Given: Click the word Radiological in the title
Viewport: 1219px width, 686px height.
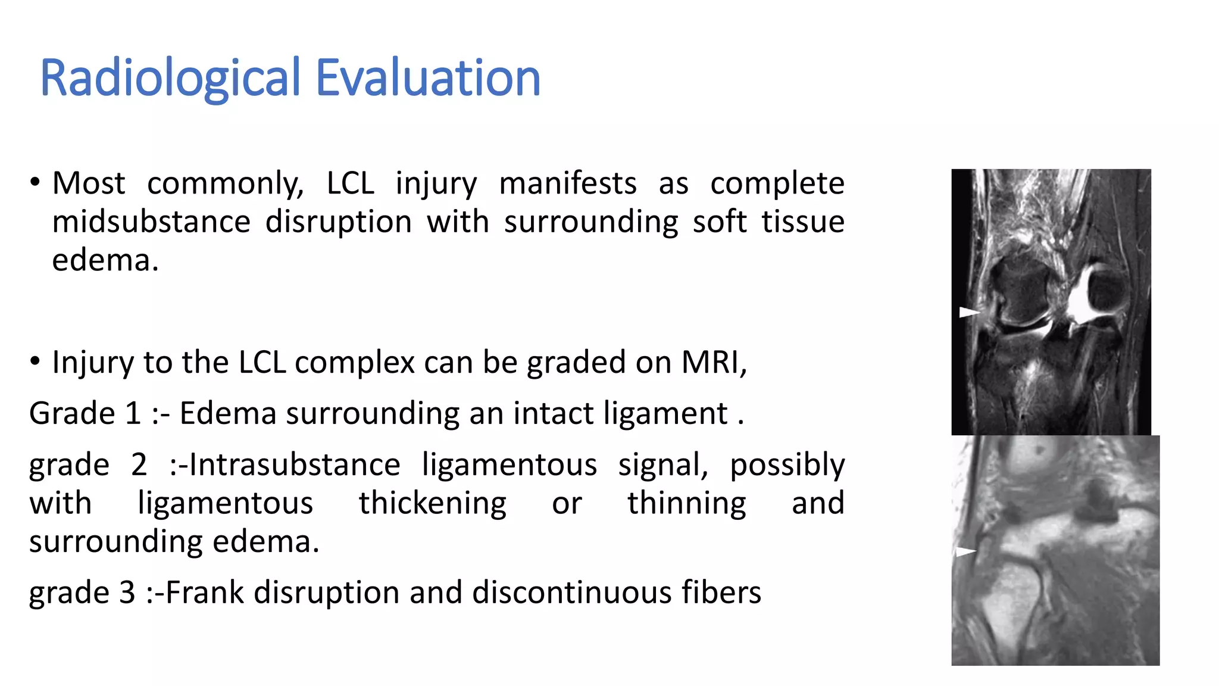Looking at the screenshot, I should pyautogui.click(x=171, y=79).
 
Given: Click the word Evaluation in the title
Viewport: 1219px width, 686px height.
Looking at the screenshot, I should pyautogui.click(x=427, y=79).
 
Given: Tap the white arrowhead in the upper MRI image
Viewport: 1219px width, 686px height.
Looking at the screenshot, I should pyautogui.click(x=968, y=312).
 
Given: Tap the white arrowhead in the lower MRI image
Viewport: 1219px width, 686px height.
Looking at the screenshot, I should pyautogui.click(x=965, y=552).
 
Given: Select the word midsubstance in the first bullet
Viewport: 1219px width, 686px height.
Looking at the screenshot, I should pyautogui.click(x=151, y=222).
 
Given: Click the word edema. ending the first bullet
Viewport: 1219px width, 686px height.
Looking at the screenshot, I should pyautogui.click(x=105, y=261).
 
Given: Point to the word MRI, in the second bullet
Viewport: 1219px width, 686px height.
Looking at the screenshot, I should pyautogui.click(x=714, y=362).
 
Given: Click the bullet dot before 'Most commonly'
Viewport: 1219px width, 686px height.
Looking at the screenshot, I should pyautogui.click(x=35, y=182).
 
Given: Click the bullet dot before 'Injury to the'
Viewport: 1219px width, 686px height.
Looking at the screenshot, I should pyautogui.click(x=35, y=361).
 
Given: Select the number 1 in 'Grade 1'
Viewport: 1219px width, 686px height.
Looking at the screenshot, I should pyautogui.click(x=133, y=413).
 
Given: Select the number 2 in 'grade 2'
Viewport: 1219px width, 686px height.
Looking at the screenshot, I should pyautogui.click(x=139, y=464).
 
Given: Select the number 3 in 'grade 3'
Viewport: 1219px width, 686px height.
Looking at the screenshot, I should pyautogui.click(x=127, y=593).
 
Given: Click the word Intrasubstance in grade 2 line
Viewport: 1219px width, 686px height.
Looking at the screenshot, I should pyautogui.click(x=295, y=464).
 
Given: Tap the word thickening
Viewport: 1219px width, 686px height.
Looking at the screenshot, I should pyautogui.click(x=432, y=503).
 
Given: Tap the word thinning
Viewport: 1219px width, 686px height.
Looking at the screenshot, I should pyautogui.click(x=686, y=503).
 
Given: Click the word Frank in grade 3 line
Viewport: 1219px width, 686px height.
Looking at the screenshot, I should pyautogui.click(x=204, y=593).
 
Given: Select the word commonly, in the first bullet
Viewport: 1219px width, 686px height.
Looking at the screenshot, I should pyautogui.click(x=226, y=183).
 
